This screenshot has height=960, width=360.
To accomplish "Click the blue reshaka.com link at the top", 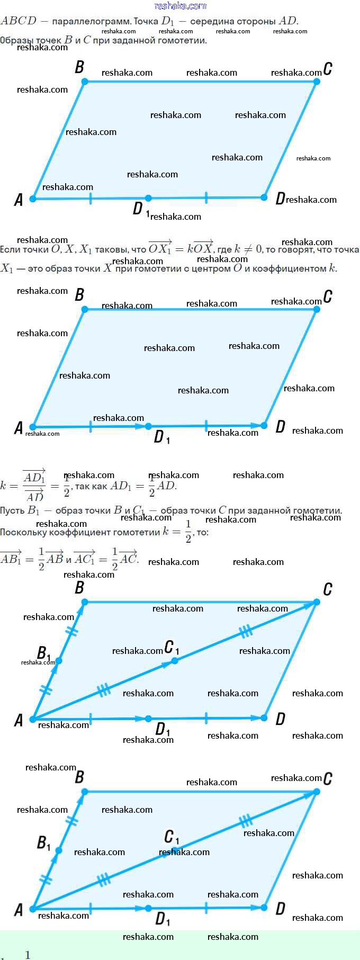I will point(180,6).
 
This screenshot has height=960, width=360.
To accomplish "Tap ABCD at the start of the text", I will point(19,21).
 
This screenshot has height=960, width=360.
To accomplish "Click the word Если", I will point(10,249).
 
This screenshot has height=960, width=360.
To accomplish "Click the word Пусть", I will point(12,510).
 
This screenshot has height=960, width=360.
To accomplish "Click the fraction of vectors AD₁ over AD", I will point(34,486).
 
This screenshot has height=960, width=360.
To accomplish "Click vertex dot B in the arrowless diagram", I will point(85,82).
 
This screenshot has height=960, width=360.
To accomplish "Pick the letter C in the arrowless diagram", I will point(328,68).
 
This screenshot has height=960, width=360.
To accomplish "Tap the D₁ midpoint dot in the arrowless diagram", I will point(148,198).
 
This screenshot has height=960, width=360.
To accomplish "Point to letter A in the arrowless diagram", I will point(19,200).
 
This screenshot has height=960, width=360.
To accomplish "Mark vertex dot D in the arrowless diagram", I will point(264,198).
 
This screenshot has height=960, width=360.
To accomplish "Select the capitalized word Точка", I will point(146,21).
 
